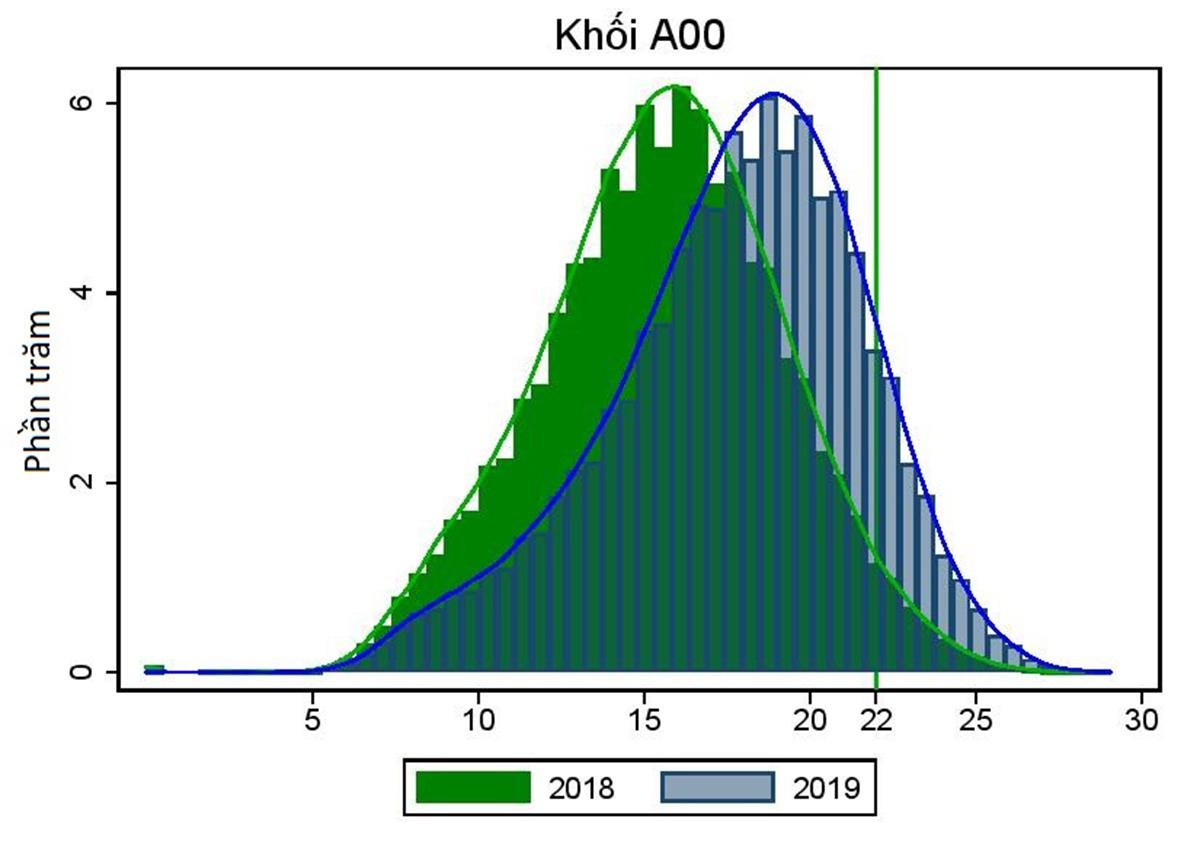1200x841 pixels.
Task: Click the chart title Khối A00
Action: (x=639, y=36)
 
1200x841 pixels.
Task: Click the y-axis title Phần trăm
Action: (x=39, y=391)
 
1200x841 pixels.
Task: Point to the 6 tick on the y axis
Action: (x=87, y=104)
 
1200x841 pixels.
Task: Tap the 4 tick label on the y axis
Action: (x=87, y=293)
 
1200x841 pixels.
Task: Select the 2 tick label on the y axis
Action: (x=87, y=482)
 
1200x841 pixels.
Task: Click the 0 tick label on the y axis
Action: (x=87, y=672)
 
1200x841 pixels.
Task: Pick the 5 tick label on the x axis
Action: (x=313, y=719)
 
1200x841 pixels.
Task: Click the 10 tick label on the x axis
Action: (x=478, y=719)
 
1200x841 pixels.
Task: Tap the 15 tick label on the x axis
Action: (x=644, y=719)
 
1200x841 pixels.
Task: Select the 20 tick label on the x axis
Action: (x=809, y=719)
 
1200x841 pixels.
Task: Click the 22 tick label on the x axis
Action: (x=876, y=719)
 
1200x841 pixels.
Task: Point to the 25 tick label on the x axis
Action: (x=975, y=719)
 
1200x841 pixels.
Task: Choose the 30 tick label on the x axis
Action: (x=1141, y=719)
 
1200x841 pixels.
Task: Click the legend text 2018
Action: (x=581, y=789)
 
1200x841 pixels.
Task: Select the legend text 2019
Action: (x=827, y=789)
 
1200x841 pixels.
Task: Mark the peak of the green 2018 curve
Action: (x=676, y=86)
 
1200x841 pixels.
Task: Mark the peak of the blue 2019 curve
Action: (x=773, y=94)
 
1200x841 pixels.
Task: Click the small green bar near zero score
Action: (x=153, y=668)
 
